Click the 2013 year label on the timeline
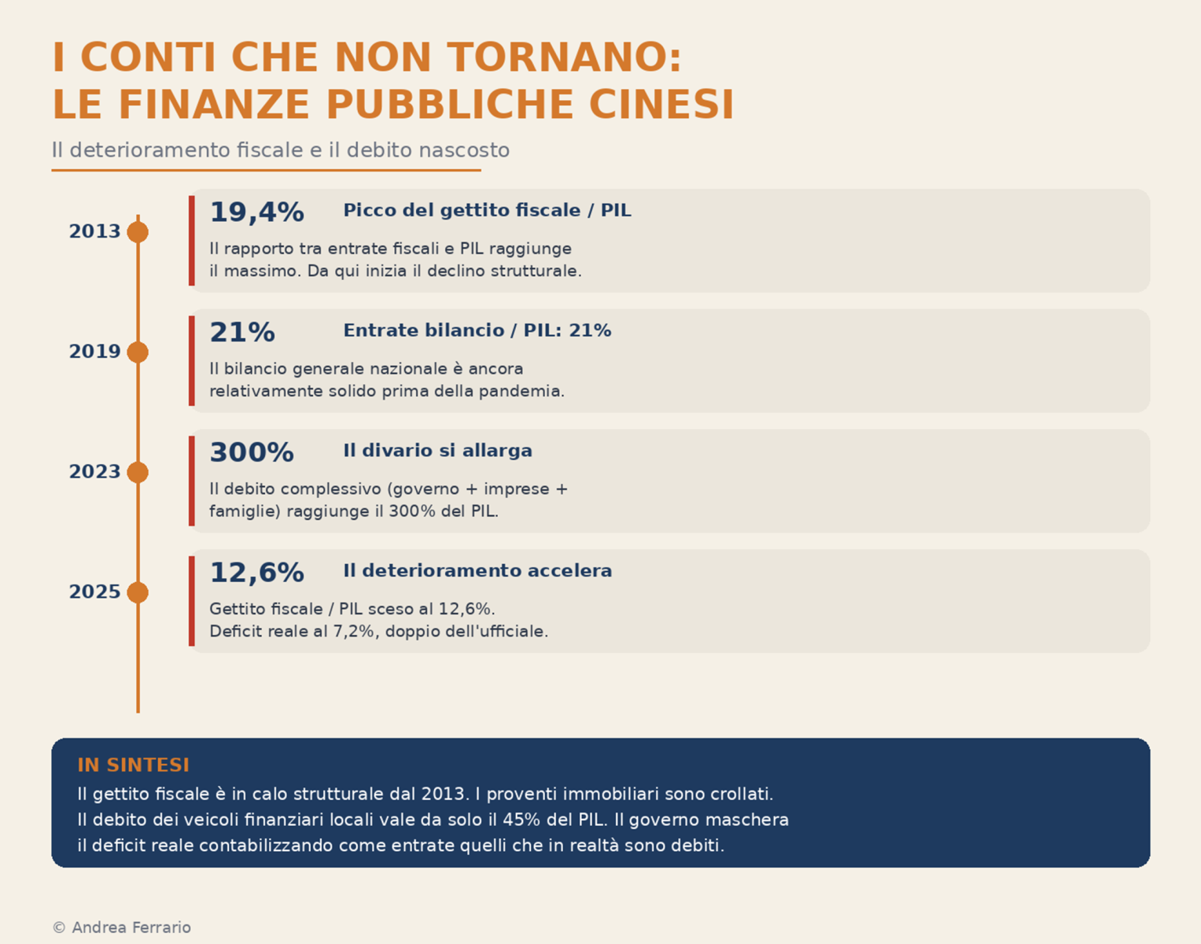point(94,232)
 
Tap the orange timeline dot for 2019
point(138,352)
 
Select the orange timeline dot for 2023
point(138,472)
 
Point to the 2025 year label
point(94,592)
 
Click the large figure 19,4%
point(256,212)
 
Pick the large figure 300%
point(252,453)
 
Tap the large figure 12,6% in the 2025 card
point(256,573)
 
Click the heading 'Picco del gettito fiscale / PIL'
point(487,211)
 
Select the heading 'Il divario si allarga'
point(437,451)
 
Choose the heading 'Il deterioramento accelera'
point(477,571)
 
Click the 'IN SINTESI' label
point(133,765)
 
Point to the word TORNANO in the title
point(565,58)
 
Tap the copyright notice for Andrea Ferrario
point(122,928)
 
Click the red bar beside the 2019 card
point(192,361)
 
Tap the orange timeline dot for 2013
point(138,232)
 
